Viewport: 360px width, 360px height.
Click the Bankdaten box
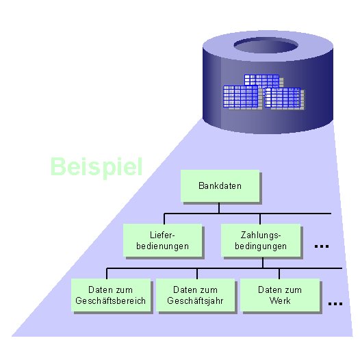[x=220, y=185]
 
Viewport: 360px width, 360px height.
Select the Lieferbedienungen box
[x=163, y=240]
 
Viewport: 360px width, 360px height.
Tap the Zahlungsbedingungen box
[x=260, y=240]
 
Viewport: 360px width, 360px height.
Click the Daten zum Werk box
[x=279, y=295]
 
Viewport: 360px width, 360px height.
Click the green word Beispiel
[x=97, y=166]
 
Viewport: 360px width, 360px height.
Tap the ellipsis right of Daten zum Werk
[x=335, y=303]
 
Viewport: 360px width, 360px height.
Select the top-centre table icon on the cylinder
[x=261, y=81]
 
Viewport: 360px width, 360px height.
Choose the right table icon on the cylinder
[x=283, y=98]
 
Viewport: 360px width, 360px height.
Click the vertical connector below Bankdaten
[x=220, y=208]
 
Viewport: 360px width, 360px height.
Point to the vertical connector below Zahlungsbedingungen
[x=261, y=263]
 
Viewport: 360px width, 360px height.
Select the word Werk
[x=279, y=300]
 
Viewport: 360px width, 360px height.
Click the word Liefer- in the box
[x=163, y=235]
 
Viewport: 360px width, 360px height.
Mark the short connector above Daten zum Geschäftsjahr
[x=197, y=273]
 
